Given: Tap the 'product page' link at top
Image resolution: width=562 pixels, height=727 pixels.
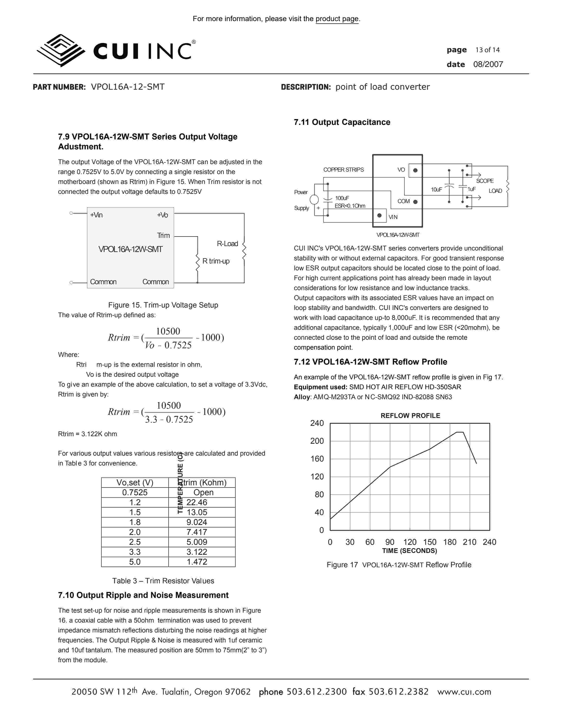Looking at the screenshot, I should point(337,19).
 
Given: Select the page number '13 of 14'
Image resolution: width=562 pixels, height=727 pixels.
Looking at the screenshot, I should point(488,50).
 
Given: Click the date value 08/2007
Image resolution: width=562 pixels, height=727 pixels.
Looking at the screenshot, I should point(488,64).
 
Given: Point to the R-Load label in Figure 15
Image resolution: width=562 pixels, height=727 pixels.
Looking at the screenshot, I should point(227,244).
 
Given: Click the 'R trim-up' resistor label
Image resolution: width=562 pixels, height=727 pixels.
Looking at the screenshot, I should point(216,261).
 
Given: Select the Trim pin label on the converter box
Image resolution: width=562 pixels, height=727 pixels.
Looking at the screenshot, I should point(163,236).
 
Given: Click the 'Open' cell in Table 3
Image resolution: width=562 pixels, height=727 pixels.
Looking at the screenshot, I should point(203,492).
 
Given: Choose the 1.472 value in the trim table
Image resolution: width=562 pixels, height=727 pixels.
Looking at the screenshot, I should point(197,562).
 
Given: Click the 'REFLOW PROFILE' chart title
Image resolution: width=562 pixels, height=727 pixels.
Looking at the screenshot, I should point(410,415).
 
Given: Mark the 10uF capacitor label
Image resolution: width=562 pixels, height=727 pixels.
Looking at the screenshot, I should point(436,189).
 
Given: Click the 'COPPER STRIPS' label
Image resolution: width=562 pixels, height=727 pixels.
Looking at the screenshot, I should point(344,170).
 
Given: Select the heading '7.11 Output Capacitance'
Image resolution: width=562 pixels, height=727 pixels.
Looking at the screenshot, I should point(342,122).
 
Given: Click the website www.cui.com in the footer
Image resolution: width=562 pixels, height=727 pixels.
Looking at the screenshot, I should point(464,692).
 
